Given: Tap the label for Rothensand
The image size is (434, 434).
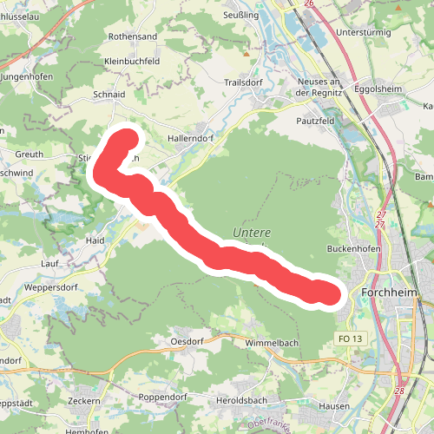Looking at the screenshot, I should tap(132, 37).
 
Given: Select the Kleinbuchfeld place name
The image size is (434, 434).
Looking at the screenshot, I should tap(132, 62).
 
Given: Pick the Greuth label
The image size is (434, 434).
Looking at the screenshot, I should tap(29, 155).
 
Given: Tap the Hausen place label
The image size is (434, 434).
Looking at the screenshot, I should tap(333, 406).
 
